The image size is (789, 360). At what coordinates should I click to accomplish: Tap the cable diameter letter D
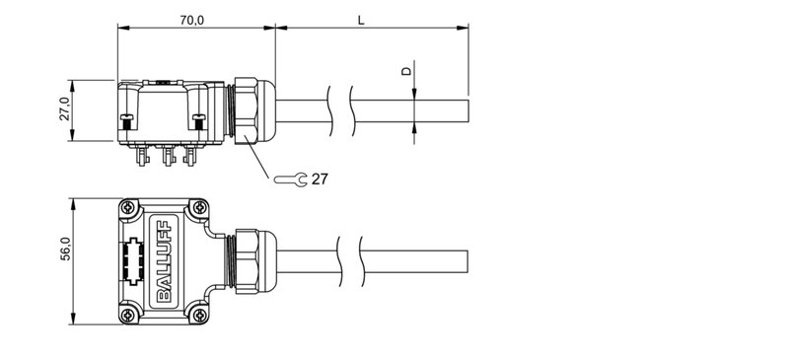(404, 72)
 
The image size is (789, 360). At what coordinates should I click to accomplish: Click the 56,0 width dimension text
(65, 251)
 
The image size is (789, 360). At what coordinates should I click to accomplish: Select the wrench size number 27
(320, 180)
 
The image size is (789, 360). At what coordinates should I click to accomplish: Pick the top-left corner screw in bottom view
(128, 208)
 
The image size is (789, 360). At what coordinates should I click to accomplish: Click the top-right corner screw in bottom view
(200, 208)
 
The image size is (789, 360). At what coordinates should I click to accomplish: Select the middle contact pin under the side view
(164, 155)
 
